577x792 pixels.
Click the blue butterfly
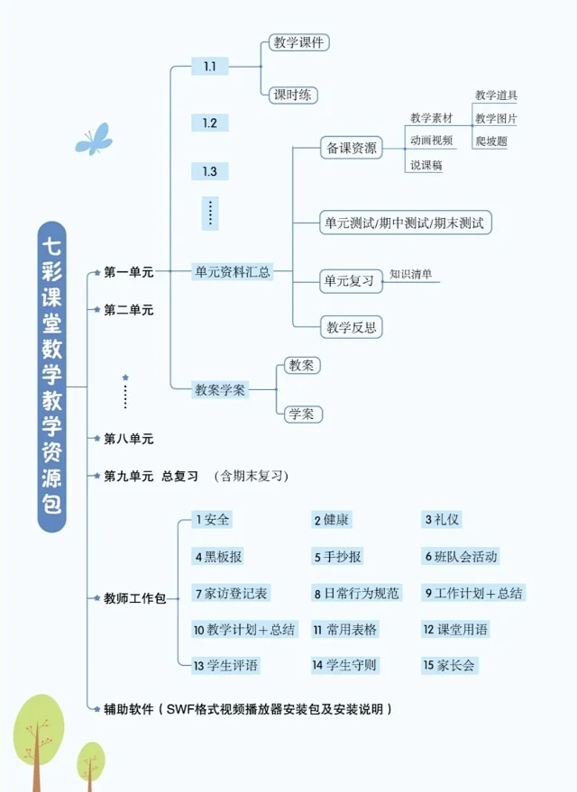click(x=94, y=139)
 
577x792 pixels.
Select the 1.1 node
click(x=210, y=66)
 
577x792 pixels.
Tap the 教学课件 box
click(x=298, y=42)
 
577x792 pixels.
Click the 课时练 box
click(x=293, y=95)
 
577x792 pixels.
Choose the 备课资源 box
click(x=351, y=148)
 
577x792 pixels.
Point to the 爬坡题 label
click(x=491, y=141)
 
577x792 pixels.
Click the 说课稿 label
click(x=426, y=165)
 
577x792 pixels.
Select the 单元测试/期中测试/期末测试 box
click(x=405, y=223)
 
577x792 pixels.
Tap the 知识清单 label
click(x=410, y=274)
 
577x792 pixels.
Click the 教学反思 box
click(x=351, y=327)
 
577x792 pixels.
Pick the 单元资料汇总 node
click(x=233, y=272)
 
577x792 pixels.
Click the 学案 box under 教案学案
click(x=302, y=414)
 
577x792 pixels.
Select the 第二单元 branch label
click(x=128, y=310)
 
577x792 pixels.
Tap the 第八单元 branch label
click(x=128, y=439)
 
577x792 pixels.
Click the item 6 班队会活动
click(x=461, y=556)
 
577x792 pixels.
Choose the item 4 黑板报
click(x=218, y=556)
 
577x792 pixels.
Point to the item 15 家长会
click(x=449, y=665)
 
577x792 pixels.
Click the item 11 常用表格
click(x=345, y=629)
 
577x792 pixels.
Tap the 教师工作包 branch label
click(x=134, y=598)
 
